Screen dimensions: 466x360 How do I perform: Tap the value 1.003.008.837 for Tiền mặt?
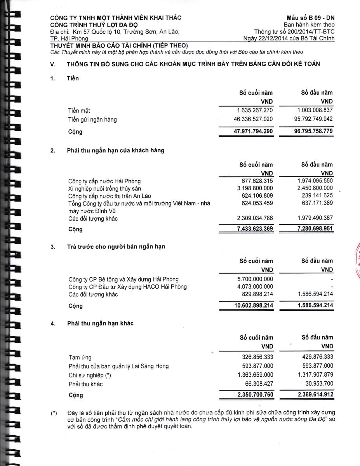tap(315, 110)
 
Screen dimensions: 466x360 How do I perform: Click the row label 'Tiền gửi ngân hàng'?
tap(92, 120)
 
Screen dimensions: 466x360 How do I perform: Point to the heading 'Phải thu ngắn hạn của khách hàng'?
tap(115, 150)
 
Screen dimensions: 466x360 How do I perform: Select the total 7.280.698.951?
tap(315, 229)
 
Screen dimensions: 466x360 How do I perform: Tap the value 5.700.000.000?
tap(255, 279)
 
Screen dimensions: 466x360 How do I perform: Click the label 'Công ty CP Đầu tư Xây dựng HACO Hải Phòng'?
tap(127, 287)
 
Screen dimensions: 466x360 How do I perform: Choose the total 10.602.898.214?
tap(253, 306)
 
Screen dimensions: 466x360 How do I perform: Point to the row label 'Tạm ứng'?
tap(80, 357)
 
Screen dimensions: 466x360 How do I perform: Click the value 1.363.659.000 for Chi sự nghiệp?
tap(255, 375)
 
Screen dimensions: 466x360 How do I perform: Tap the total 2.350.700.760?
tap(255, 395)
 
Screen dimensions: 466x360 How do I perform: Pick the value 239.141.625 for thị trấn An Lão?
tap(317, 195)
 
